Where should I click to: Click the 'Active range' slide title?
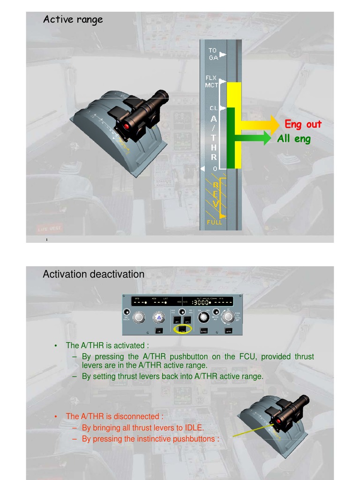73,20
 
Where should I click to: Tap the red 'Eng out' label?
303,124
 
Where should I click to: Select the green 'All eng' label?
293,139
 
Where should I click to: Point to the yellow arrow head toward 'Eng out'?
274,125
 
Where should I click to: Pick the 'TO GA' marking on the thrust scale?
213,54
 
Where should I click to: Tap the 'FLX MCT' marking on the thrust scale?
212,82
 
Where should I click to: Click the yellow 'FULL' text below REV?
215,222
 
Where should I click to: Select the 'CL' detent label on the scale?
214,108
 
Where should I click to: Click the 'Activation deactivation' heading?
93,274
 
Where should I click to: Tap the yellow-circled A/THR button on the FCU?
182,330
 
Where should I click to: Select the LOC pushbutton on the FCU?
159,330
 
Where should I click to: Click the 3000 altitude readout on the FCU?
202,302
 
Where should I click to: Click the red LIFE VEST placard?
49,229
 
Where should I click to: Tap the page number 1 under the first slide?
47,240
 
